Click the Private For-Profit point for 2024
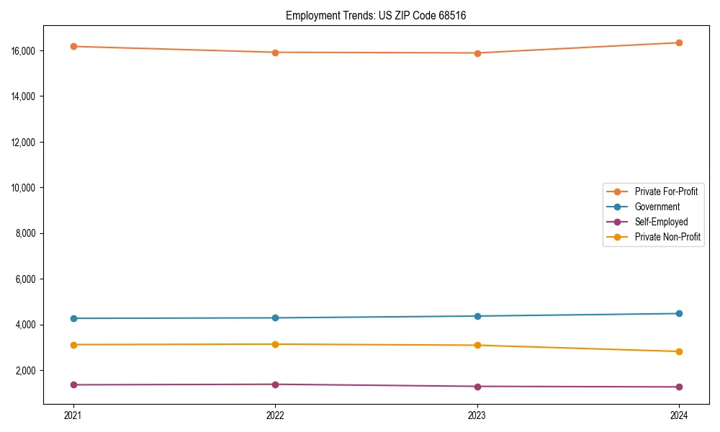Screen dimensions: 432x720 (679, 42)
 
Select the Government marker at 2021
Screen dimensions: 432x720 (73, 318)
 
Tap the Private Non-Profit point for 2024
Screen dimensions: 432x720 (679, 351)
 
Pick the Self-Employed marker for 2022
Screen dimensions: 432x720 (275, 384)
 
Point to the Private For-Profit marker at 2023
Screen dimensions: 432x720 (477, 53)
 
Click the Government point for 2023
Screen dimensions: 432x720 (477, 316)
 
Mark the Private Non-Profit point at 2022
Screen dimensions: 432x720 (275, 344)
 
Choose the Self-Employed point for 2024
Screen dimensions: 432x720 (679, 387)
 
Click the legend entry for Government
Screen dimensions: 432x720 (657, 207)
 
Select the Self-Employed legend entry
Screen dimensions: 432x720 (661, 222)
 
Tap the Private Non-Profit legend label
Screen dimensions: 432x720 (667, 237)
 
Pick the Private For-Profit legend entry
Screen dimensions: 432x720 (666, 192)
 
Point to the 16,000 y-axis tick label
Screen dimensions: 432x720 (26, 51)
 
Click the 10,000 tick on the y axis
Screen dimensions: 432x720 (26, 188)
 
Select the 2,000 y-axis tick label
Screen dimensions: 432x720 (28, 371)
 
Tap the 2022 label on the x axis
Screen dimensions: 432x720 (275, 415)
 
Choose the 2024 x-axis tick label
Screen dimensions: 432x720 (679, 415)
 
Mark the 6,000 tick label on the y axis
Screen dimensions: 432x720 (28, 279)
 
